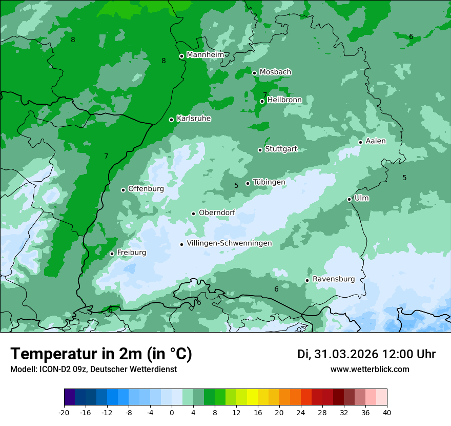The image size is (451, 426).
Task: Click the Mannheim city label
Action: click(206, 55)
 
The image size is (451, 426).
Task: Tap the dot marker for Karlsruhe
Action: click(172, 120)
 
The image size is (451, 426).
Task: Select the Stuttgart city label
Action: click(281, 149)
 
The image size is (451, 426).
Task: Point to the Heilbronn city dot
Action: click(262, 101)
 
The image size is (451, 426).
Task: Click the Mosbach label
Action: click(275, 72)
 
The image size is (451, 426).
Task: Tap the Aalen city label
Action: click(376, 141)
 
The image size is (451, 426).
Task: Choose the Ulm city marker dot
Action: click(350, 199)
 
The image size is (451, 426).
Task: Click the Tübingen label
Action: click(269, 182)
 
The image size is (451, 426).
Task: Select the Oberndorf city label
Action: click(217, 212)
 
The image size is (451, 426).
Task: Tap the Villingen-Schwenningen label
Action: click(229, 243)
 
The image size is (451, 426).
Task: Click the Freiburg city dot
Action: click(112, 254)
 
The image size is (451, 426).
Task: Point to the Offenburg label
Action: click(146, 189)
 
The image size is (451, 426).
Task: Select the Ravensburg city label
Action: click(334, 279)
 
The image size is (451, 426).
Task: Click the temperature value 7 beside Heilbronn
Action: click(265, 94)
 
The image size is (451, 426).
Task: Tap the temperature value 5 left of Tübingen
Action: click(236, 185)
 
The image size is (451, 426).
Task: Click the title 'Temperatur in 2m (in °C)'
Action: click(101, 354)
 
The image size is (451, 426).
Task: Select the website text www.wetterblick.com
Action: click(370, 369)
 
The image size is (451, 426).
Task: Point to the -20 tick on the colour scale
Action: click(64, 412)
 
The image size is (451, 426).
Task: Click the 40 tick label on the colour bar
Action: click(386, 412)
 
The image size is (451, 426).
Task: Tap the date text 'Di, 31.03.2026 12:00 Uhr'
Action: click(366, 354)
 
